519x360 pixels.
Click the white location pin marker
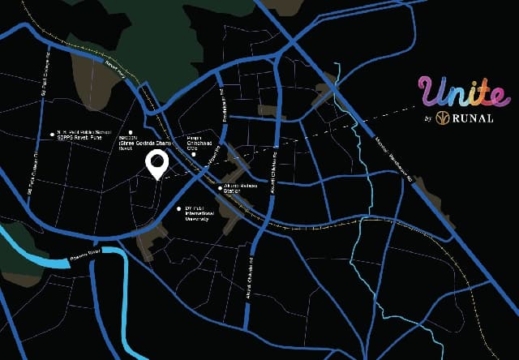tap(156, 164)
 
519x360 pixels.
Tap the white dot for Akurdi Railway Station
tap(220, 187)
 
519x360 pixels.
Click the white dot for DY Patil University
tap(179, 208)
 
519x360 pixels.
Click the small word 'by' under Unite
tap(426, 119)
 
